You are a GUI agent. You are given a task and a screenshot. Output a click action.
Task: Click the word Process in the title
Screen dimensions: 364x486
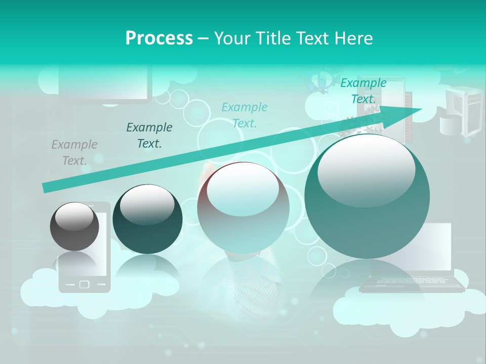point(159,38)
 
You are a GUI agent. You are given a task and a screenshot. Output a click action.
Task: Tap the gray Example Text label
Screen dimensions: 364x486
point(74,153)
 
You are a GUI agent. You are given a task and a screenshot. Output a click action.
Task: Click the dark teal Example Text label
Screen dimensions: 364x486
point(149,135)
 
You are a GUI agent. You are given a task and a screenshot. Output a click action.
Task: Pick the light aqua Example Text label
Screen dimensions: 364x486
point(245,115)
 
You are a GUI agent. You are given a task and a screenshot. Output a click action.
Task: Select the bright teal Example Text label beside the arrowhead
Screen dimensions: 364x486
point(363,91)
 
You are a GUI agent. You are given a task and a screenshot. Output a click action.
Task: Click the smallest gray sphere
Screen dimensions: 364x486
point(75,226)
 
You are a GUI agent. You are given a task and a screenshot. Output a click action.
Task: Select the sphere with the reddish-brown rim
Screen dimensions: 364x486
point(243,207)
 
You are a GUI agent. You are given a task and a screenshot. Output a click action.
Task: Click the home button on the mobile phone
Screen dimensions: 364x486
point(85,284)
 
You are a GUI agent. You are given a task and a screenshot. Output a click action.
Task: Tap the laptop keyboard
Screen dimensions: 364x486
point(412,281)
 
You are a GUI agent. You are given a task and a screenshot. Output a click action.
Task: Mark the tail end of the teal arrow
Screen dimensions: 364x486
point(45,188)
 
